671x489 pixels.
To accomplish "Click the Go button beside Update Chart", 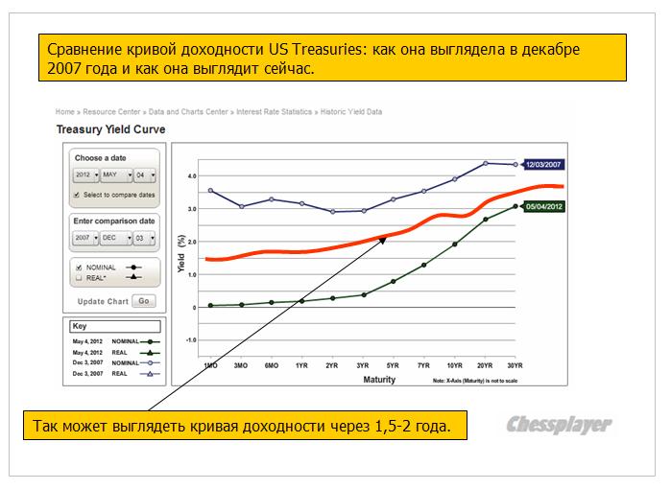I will point(144,301).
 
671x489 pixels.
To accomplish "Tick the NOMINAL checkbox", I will point(77,267).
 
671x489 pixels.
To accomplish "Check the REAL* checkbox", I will point(77,276).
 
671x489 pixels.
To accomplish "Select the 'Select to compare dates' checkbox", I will point(77,195).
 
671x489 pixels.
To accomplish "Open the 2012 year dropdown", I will point(86,175).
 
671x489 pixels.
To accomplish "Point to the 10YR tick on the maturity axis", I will point(454,366).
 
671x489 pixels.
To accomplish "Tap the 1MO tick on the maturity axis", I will point(210,366).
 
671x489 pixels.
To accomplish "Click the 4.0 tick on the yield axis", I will point(192,176).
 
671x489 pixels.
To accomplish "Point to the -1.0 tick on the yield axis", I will point(191,340).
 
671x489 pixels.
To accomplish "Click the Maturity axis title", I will point(379,380).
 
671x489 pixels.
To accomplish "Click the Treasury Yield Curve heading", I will point(110,129).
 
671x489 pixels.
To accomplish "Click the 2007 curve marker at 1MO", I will point(210,191).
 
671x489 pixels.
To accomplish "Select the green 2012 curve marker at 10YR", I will point(454,244).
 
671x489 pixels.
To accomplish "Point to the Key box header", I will point(80,326).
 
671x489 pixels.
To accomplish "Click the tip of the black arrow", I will point(387,237).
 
